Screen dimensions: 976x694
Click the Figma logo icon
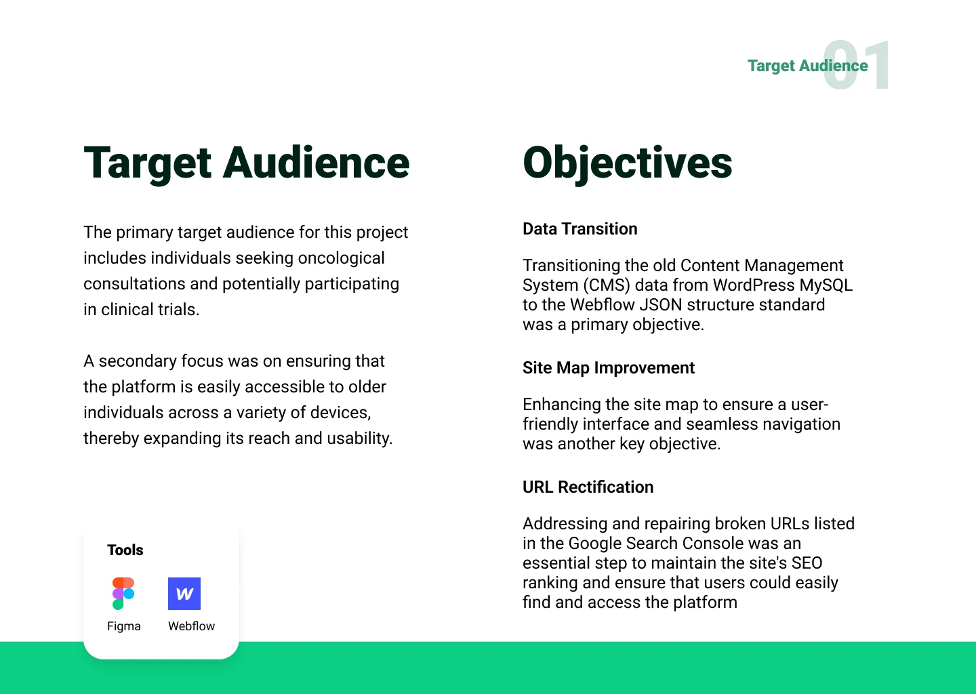point(123,594)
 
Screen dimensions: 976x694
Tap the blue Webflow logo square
point(184,594)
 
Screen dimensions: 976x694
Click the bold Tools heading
point(125,550)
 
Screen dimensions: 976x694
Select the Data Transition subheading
point(580,228)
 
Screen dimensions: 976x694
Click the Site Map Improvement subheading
point(609,368)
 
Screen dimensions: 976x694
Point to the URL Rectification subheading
point(588,487)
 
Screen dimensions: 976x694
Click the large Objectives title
point(628,163)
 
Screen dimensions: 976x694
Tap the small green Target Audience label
point(808,66)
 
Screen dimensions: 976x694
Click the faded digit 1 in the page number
point(876,65)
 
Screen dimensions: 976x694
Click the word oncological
point(341,258)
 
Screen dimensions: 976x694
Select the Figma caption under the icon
point(124,626)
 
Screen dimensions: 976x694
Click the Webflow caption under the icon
point(191,626)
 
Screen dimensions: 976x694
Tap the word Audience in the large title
point(316,163)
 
